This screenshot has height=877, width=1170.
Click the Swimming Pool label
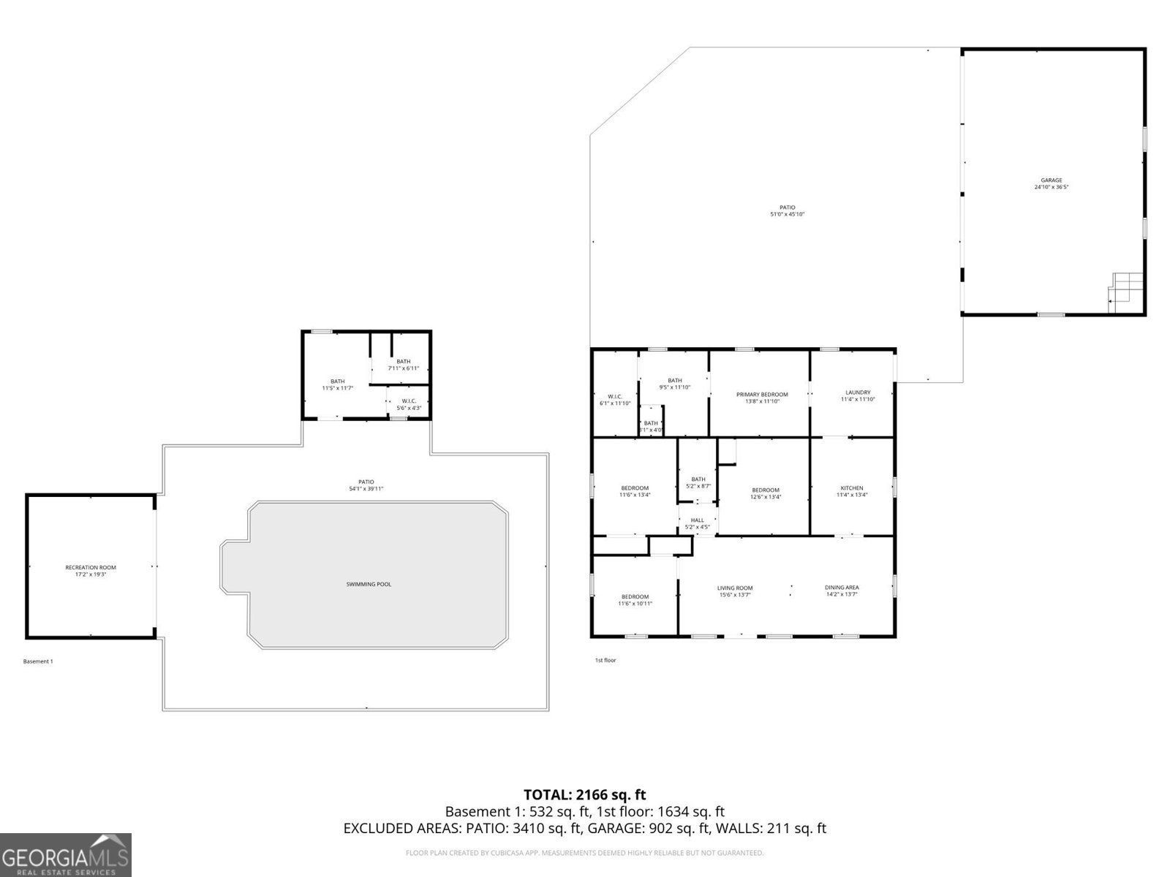point(369,584)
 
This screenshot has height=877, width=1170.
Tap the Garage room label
point(1052,183)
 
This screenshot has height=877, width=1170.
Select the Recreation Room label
point(91,571)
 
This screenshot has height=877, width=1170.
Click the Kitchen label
point(852,491)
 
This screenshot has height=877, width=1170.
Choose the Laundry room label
point(857,395)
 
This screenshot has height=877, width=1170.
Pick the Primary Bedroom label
point(762,398)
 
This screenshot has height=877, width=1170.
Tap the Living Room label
point(735,591)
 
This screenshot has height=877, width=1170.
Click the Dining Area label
point(842,591)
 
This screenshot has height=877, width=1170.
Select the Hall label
point(697,523)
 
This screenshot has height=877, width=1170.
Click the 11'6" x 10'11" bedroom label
point(635,600)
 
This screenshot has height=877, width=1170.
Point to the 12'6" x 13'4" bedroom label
point(766,493)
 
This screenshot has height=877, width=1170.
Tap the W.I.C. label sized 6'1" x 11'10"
point(615,400)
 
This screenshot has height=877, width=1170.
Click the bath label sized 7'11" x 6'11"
point(404,364)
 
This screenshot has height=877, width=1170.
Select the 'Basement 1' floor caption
point(38,661)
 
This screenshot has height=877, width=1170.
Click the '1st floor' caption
point(605,660)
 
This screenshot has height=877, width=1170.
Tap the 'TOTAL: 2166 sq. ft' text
point(585,794)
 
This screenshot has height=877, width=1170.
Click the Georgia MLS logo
point(65,855)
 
